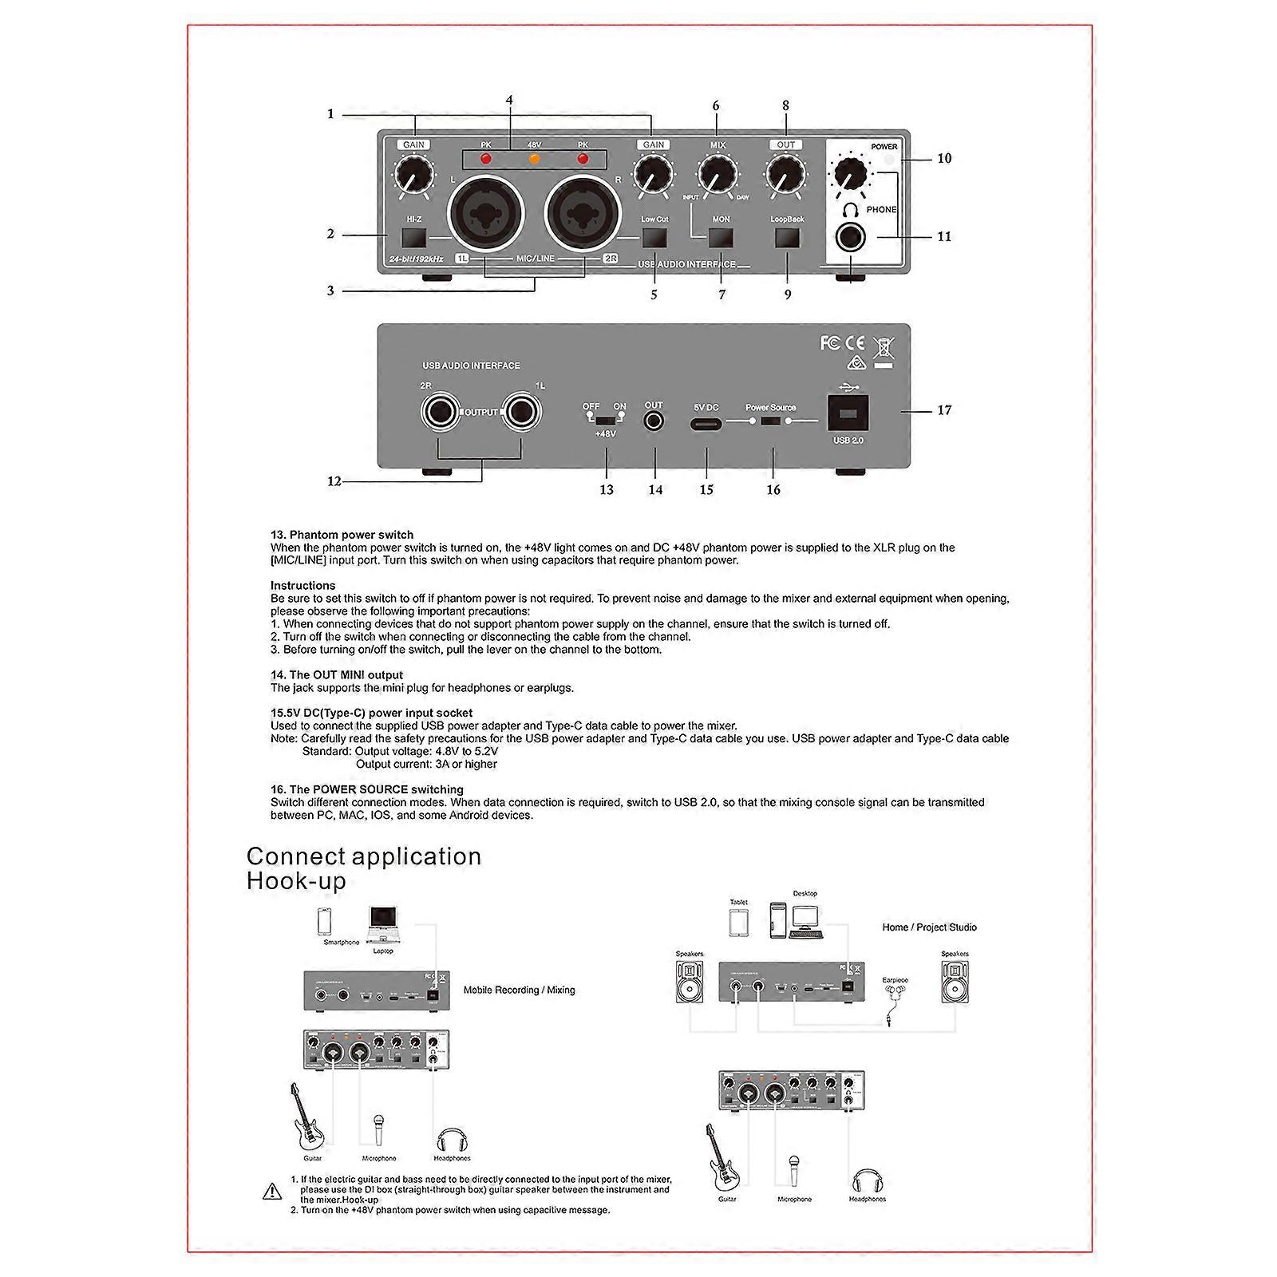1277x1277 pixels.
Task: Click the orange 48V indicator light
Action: click(x=534, y=159)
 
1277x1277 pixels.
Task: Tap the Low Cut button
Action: click(x=654, y=238)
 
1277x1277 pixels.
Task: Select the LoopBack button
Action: click(x=787, y=238)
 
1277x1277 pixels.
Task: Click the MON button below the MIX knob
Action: click(x=722, y=238)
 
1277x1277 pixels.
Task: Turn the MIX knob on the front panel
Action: click(x=717, y=174)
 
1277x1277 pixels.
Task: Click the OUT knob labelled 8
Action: click(x=785, y=174)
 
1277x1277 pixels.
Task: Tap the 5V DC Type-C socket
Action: click(x=706, y=421)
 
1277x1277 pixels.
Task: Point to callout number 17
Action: click(x=944, y=410)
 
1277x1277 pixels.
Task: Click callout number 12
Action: click(x=334, y=481)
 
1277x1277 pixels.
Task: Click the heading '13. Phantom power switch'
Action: click(x=342, y=535)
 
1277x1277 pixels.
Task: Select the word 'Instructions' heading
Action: click(x=302, y=586)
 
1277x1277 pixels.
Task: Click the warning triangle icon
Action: click(x=272, y=1192)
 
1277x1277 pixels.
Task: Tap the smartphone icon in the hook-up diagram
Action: click(x=325, y=922)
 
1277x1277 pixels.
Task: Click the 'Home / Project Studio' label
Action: click(x=929, y=927)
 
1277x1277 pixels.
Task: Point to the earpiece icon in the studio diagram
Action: click(x=895, y=998)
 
